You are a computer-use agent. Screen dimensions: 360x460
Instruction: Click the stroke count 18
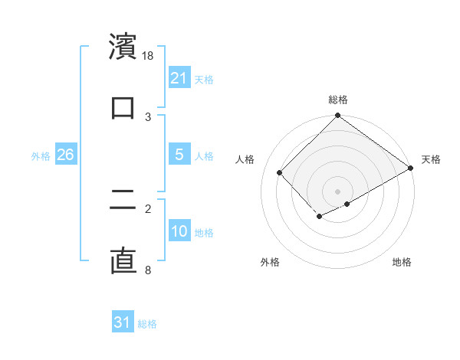149,56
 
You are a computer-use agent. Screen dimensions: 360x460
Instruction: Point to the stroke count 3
148,116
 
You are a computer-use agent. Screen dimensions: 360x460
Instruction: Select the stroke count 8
148,270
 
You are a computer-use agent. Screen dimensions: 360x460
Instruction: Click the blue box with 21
179,78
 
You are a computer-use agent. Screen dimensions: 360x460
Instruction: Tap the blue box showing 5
179,155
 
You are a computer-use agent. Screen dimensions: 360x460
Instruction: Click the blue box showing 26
65,155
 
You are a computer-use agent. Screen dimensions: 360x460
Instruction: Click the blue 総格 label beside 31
148,324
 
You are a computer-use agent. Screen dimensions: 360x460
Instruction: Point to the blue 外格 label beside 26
41,156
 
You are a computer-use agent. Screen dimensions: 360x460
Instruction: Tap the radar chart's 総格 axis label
338,100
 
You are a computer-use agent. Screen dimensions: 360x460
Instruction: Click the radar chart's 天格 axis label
431,159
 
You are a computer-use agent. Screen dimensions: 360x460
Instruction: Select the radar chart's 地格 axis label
402,262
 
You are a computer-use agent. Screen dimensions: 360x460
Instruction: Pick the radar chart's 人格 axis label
245,159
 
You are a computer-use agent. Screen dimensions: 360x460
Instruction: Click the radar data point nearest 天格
411,168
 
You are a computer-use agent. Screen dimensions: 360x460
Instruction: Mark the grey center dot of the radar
338,191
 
